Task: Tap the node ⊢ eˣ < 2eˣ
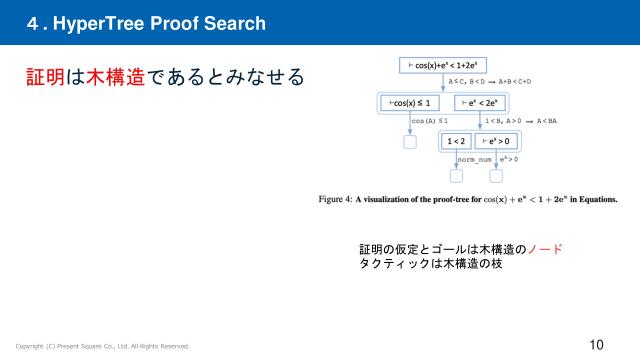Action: point(480,102)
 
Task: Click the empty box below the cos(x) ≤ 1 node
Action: point(410,142)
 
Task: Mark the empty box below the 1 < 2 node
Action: point(457,177)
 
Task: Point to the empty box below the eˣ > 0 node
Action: point(495,177)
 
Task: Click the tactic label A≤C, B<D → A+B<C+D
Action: point(490,82)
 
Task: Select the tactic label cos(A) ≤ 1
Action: point(430,121)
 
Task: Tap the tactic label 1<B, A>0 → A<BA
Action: point(521,121)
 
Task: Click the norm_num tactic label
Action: point(473,159)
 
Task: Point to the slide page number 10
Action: point(597,345)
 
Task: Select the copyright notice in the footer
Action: point(101,346)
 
